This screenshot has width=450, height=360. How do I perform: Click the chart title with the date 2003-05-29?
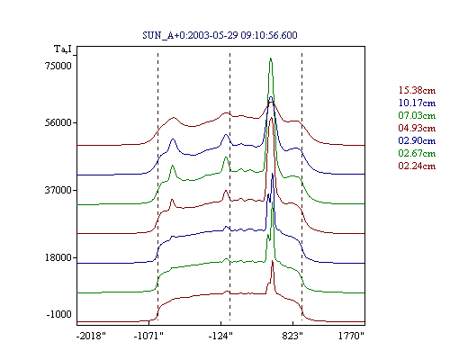point(220,35)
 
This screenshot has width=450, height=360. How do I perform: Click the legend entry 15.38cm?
point(417,90)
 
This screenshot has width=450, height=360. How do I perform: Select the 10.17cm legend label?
point(417,103)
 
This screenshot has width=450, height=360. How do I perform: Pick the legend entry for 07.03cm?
point(417,115)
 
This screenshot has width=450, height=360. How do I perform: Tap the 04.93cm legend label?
point(417,128)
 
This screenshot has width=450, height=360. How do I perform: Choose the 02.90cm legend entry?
point(417,140)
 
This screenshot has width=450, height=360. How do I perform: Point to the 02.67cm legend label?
point(417,153)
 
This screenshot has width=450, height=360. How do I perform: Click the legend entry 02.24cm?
point(417,166)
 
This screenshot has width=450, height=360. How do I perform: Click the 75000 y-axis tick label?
point(58,66)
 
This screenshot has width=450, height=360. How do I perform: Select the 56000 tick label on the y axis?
point(58,122)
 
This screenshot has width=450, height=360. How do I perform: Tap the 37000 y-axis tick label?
point(58,190)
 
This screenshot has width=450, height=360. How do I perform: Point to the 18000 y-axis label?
point(58,257)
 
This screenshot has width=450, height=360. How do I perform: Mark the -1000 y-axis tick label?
point(59,314)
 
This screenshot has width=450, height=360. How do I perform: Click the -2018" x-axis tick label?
point(91,336)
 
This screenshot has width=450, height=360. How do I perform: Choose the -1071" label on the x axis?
point(148,336)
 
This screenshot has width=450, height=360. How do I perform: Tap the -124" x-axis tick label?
point(220,336)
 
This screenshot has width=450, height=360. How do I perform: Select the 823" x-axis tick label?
point(292,336)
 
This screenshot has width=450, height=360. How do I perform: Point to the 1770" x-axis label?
point(351,336)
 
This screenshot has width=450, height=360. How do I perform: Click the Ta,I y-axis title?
point(63,49)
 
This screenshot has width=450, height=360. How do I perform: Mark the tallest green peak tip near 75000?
point(271,58)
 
